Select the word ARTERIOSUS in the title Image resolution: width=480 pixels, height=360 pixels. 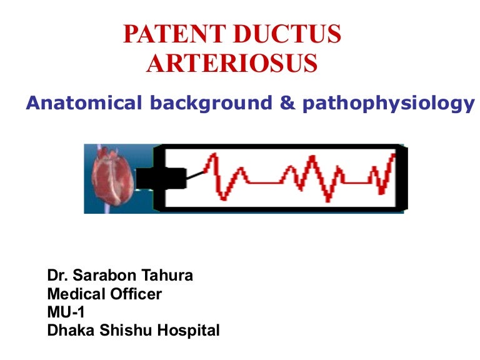click(232, 64)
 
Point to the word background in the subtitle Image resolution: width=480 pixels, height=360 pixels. click(208, 103)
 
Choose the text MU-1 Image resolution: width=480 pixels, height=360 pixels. click(66, 312)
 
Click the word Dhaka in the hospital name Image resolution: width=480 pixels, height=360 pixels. click(68, 330)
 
